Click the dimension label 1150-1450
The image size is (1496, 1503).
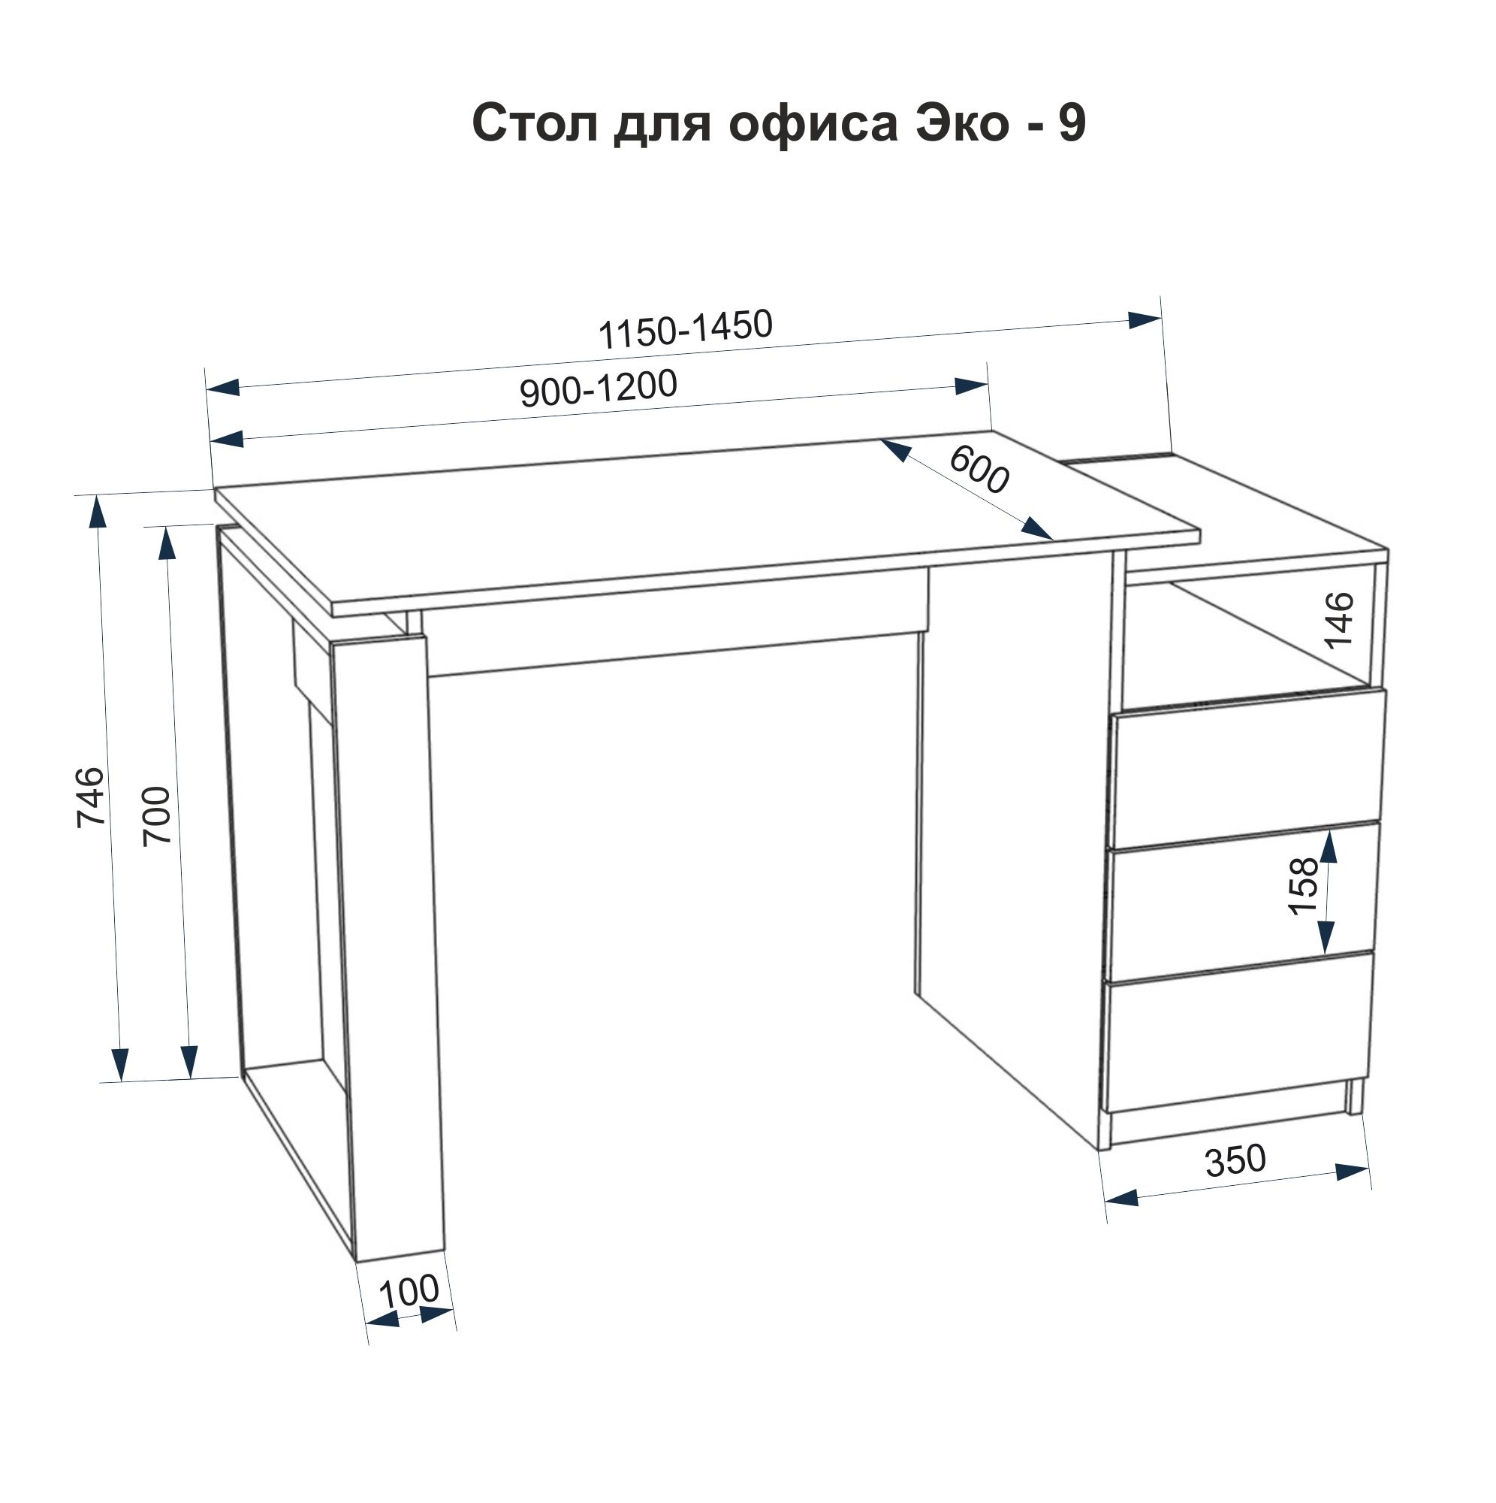685,329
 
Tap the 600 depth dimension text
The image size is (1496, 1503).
979,470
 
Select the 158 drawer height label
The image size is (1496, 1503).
1304,885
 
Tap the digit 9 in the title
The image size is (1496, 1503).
1071,123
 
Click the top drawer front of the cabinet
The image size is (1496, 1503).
1249,769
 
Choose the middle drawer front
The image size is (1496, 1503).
1244,902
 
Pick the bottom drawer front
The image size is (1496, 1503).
1238,1033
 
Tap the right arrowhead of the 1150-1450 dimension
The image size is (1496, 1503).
1145,319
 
